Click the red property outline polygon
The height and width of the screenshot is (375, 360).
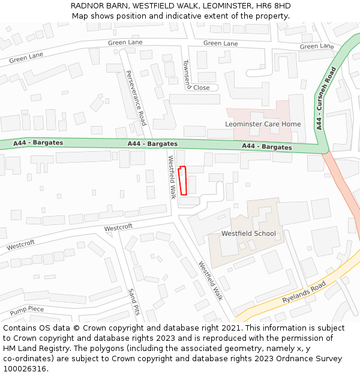point(183,181)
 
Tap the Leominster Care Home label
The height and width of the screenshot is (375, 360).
point(263,124)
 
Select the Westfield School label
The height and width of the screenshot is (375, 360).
point(248,233)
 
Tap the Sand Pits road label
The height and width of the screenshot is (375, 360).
point(133,301)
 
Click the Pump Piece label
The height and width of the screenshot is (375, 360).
point(27,310)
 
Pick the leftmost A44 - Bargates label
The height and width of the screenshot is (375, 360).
point(38,143)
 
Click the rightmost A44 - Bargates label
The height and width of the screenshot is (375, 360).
point(266,147)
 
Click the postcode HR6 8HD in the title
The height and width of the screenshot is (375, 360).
point(272,6)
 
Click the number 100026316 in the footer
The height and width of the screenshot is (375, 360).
point(25,369)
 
